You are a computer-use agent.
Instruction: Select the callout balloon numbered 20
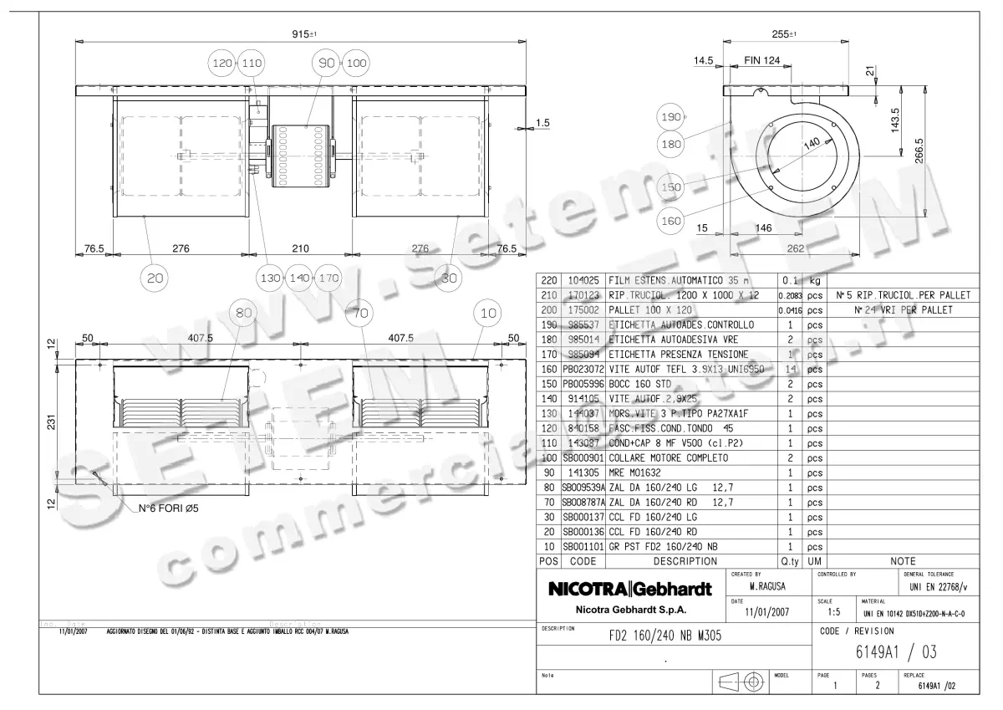tap(155, 278)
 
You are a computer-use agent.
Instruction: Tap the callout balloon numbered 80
tap(244, 314)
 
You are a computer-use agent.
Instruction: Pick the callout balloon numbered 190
tap(671, 118)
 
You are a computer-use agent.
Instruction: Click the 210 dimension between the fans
tap(301, 248)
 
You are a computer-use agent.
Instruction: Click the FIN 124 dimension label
tap(761, 60)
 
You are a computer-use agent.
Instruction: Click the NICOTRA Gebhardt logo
tap(629, 590)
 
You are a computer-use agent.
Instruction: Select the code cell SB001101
tap(583, 547)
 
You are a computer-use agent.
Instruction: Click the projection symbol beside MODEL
tap(740, 682)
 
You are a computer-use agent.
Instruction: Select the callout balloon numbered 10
tap(487, 314)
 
